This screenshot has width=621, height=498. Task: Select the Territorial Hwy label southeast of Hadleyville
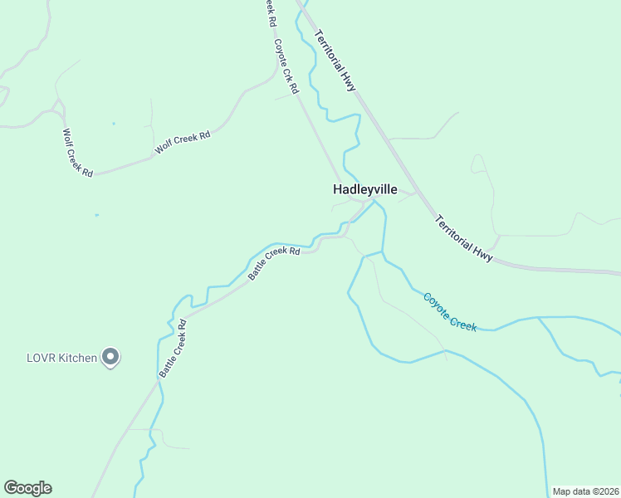pyautogui.click(x=464, y=239)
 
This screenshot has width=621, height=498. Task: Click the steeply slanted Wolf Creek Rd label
pyautogui.click(x=78, y=151)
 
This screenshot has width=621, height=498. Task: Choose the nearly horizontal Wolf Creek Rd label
pyautogui.click(x=182, y=143)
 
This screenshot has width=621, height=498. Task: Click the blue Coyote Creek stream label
pyautogui.click(x=449, y=311)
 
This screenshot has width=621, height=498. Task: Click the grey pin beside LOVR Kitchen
pyautogui.click(x=111, y=358)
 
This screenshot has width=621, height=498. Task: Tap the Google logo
pyautogui.click(x=27, y=488)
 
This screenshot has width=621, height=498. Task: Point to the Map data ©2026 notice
pyautogui.click(x=586, y=491)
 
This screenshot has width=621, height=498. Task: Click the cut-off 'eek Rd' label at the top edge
pyautogui.click(x=269, y=12)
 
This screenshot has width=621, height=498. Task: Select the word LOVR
pyautogui.click(x=40, y=359)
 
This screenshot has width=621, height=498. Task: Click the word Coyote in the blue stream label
pyautogui.click(x=437, y=303)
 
